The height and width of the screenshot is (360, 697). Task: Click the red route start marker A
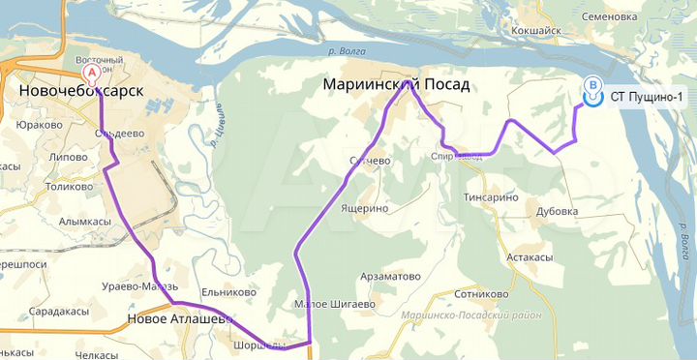click(x=92, y=73)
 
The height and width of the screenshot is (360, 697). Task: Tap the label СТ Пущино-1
click(x=647, y=97)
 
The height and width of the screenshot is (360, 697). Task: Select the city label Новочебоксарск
click(x=80, y=91)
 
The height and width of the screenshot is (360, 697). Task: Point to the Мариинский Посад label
click(x=396, y=85)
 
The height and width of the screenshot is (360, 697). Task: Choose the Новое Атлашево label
click(x=180, y=318)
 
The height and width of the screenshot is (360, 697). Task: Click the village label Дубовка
click(x=557, y=211)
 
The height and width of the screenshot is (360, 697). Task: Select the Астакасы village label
click(x=530, y=257)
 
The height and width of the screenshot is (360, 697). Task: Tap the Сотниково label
click(x=481, y=294)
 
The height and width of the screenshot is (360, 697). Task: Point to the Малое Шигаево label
click(x=334, y=304)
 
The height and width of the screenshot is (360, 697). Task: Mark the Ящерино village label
click(x=364, y=208)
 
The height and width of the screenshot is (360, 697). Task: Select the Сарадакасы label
click(x=59, y=312)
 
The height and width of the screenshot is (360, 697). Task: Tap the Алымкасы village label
click(x=80, y=222)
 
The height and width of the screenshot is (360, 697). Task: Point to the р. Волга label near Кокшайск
click(x=346, y=50)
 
